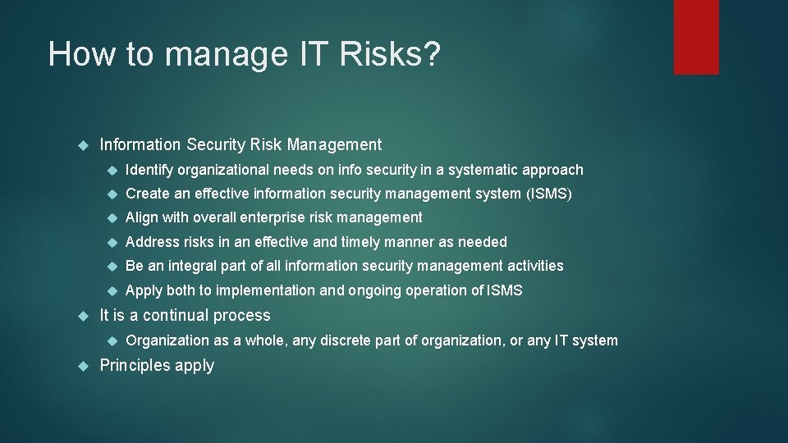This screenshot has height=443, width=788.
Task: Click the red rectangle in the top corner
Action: (696, 37)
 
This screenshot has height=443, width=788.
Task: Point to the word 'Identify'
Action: (150, 170)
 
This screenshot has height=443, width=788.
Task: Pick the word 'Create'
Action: (147, 194)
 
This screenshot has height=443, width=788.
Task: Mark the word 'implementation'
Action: (270, 290)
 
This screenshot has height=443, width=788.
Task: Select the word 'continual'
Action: (176, 316)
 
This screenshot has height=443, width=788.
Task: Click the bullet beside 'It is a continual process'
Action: (81, 316)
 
